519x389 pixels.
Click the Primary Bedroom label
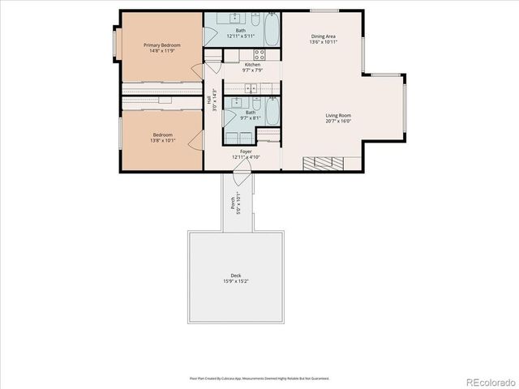162,45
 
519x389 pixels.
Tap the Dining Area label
324,36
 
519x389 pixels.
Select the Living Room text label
338,116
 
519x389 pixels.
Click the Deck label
236,276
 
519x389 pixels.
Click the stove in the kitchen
259,55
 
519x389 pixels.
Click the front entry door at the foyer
242,171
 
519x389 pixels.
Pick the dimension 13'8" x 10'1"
162,141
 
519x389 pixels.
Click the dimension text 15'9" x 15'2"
236,282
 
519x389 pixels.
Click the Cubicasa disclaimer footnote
259,378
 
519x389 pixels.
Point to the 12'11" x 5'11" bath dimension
241,36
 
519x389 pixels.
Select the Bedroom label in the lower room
162,135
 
